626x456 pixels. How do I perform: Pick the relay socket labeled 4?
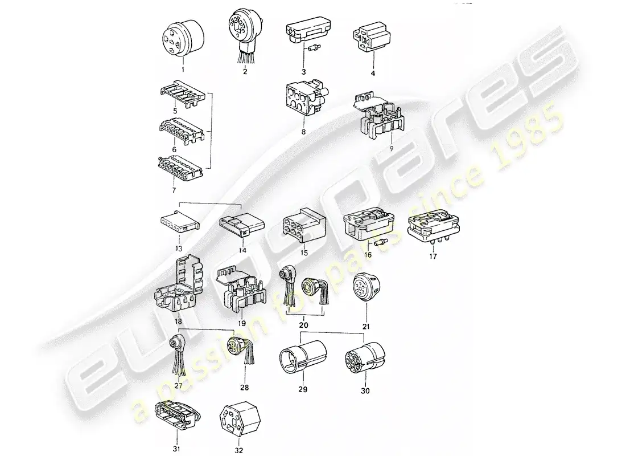coord(372,39)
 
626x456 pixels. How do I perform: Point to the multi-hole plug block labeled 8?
coord(303,100)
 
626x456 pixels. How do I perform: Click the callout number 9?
coord(375,149)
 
